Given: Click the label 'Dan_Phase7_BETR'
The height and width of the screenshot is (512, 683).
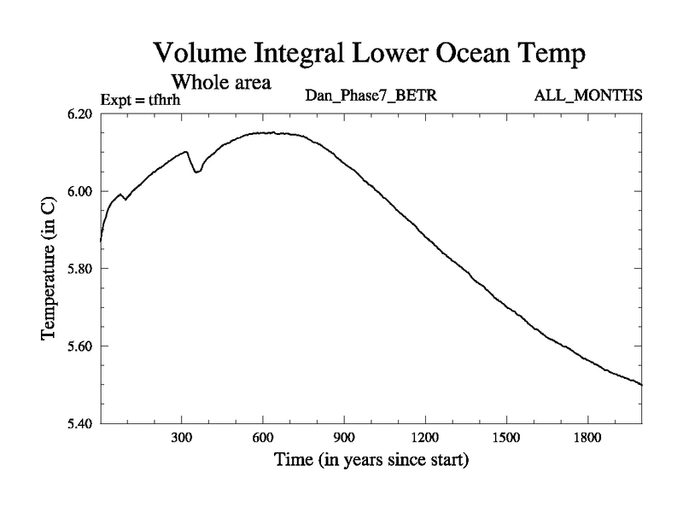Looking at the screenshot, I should tap(371, 95).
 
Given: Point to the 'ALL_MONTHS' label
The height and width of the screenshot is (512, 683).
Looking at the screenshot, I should tap(588, 95).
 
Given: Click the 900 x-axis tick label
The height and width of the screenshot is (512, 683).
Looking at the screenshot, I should tap(344, 438).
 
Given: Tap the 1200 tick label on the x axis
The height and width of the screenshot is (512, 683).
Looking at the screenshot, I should tap(425, 438).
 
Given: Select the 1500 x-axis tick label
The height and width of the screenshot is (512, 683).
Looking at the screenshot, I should tap(506, 438).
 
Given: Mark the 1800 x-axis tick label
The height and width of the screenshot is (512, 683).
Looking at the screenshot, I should tap(587, 438).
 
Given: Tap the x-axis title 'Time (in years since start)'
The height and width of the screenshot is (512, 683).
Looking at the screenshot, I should tap(371, 462).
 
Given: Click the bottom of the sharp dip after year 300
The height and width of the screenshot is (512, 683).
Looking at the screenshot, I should tap(196, 172).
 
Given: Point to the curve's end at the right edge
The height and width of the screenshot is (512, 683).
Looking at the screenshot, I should tap(641, 385).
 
